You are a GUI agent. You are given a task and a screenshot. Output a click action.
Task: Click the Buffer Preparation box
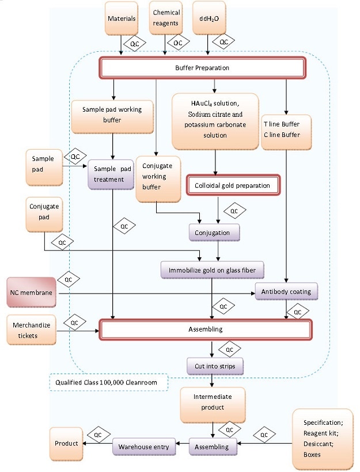click(x=202, y=68)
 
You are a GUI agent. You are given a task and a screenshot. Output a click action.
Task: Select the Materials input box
click(x=122, y=18)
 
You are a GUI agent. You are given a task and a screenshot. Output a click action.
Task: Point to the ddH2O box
click(x=209, y=18)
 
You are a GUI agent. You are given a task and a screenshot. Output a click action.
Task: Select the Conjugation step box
click(x=214, y=233)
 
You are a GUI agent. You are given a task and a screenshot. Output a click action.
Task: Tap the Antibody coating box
click(x=286, y=291)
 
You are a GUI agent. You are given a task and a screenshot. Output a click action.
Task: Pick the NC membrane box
click(x=32, y=293)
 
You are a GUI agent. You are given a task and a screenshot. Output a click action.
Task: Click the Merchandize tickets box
click(x=32, y=330)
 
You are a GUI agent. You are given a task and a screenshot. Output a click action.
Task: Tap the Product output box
click(x=66, y=444)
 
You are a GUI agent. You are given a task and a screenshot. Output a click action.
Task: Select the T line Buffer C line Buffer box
click(x=286, y=130)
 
